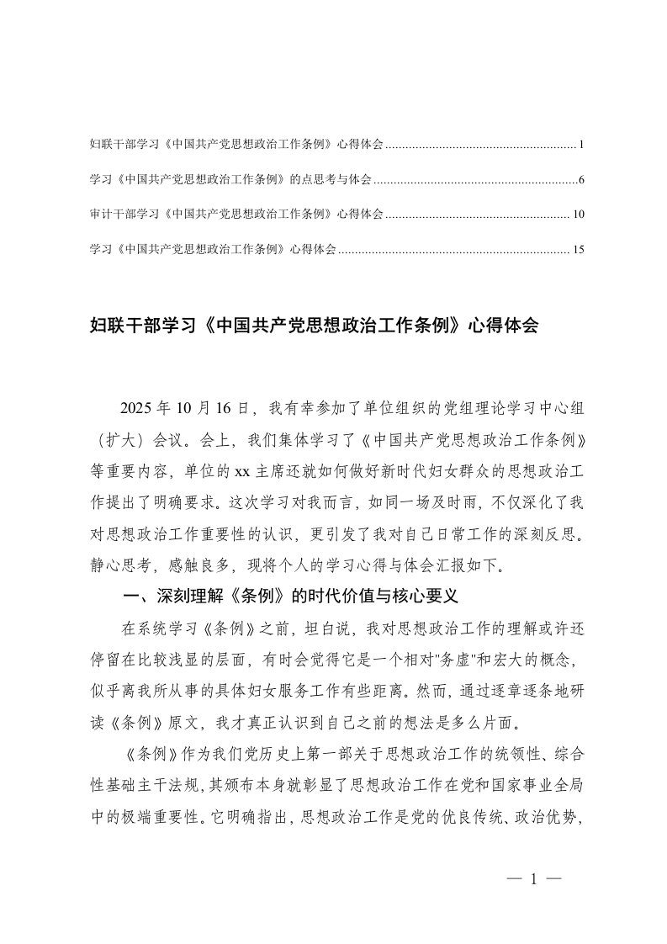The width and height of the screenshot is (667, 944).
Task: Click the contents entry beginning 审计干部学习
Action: click(x=236, y=215)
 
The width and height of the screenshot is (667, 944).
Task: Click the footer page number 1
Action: click(x=533, y=879)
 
